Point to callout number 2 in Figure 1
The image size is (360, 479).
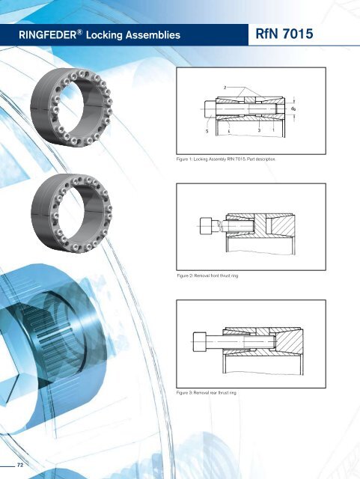225,88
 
